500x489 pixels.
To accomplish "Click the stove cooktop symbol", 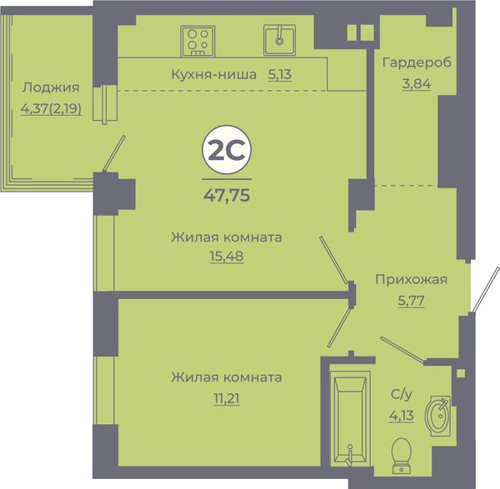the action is [x=197, y=41].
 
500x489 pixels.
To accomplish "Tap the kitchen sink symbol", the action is [x=279, y=40].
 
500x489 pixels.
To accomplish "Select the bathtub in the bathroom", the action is [x=350, y=418].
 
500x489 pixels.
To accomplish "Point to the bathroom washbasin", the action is [x=437, y=416].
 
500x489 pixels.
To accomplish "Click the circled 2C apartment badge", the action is [x=227, y=150].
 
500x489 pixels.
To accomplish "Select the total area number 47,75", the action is [x=227, y=195].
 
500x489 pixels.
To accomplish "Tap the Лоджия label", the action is [x=51, y=87].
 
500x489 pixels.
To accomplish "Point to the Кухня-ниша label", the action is [x=214, y=75].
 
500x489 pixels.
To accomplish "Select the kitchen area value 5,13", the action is [x=280, y=75].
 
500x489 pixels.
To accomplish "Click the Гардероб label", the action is [x=417, y=62].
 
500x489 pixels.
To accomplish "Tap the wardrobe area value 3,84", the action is [x=417, y=84].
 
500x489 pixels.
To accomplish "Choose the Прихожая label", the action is [x=411, y=280].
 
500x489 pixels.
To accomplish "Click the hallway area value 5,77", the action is [x=411, y=300].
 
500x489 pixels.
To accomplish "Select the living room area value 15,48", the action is [x=227, y=256].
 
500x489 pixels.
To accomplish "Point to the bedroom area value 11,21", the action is [x=227, y=398].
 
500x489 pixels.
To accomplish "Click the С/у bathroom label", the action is [x=402, y=395].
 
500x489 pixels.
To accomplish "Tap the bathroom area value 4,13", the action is [x=402, y=416].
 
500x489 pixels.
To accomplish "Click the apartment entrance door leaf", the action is [x=485, y=289].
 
